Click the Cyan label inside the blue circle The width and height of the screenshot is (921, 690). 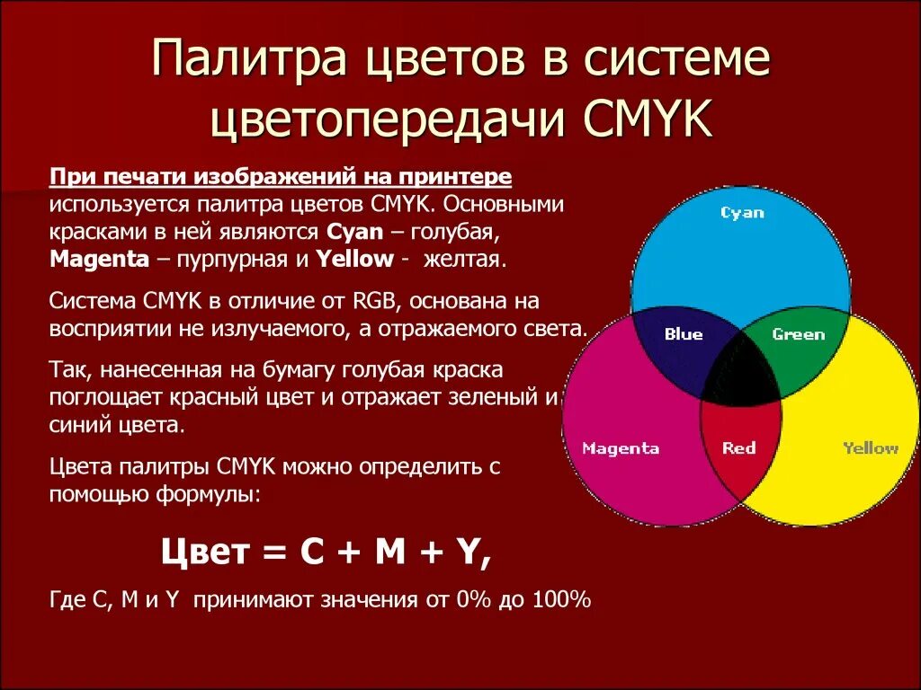tap(742, 213)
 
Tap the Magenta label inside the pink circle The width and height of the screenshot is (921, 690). tap(621, 448)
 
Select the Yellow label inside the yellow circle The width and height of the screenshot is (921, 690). tap(870, 447)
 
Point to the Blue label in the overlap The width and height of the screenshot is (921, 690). tap(684, 334)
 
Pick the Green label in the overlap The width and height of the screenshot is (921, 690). tap(798, 334)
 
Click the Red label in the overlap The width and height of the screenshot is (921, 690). tap(738, 447)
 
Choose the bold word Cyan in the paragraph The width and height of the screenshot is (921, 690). tap(355, 232)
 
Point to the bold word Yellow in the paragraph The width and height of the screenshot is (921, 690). tap(354, 260)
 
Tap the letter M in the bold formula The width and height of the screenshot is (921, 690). tap(390, 552)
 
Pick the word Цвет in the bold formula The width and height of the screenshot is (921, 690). tap(203, 552)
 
